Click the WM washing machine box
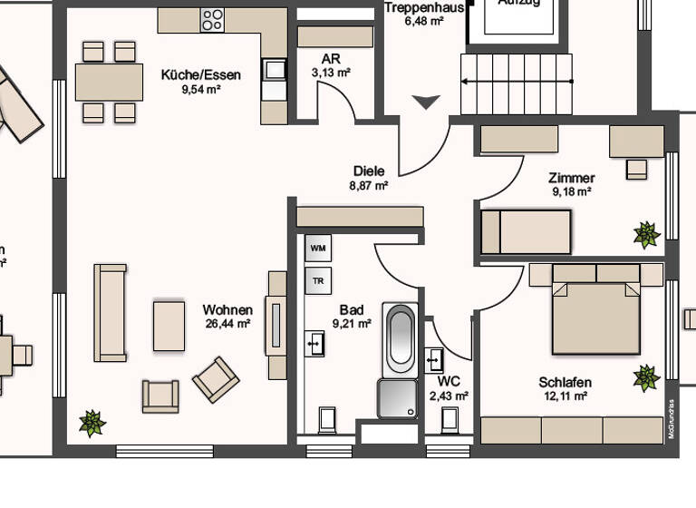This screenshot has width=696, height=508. tap(318, 247)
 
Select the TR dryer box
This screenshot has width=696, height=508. tap(318, 280)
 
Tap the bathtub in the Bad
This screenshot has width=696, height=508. tap(400, 340)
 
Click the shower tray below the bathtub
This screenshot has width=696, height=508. tap(398, 398)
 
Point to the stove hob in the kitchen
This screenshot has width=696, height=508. tap(212, 20)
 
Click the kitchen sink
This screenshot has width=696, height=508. tap(273, 69)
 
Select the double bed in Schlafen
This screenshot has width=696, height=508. tap(595, 308)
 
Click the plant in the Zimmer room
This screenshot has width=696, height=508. tap(646, 235)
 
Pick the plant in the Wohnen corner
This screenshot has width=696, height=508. tap(92, 422)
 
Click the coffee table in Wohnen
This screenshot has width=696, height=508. tap(169, 326)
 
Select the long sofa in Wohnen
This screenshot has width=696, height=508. tap(111, 313)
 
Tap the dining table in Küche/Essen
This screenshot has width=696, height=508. tap(109, 82)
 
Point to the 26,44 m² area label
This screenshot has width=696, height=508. tap(227, 323)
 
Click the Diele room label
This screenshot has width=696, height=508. tap(369, 171)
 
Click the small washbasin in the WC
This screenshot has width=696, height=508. tap(434, 359)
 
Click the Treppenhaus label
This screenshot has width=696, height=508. tap(424, 7)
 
